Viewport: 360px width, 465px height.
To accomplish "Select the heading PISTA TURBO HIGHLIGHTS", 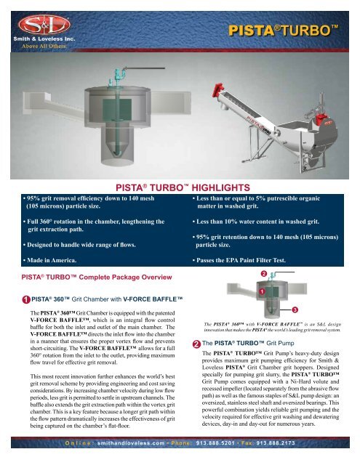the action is pyautogui.click(x=180, y=186).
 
